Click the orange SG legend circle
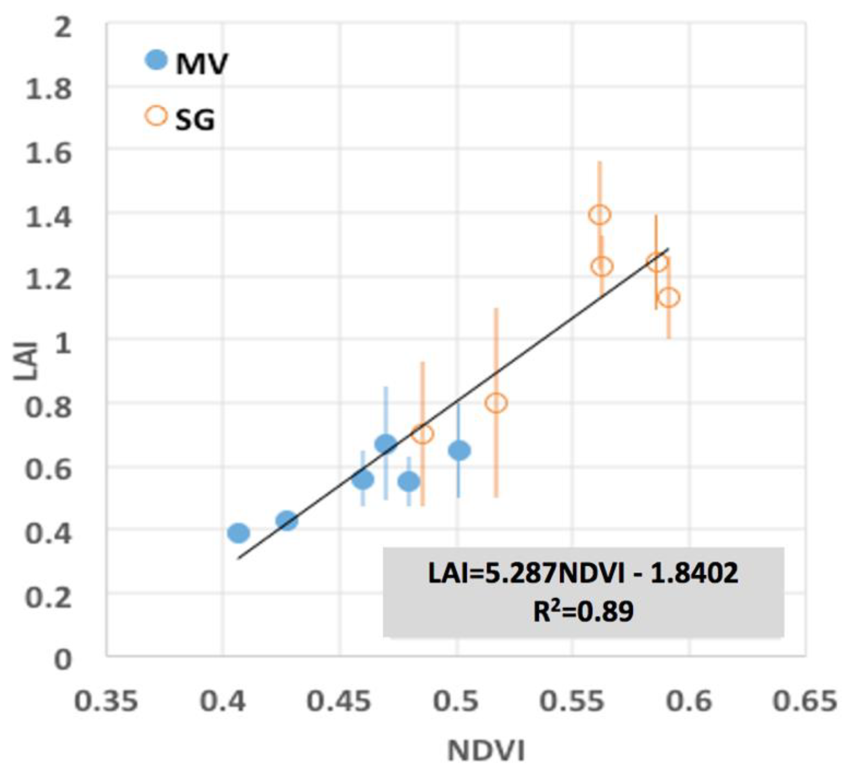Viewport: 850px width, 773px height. pyautogui.click(x=156, y=116)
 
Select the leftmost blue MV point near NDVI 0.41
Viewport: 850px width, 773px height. pyautogui.click(x=239, y=533)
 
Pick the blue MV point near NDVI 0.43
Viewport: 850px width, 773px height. pyautogui.click(x=287, y=521)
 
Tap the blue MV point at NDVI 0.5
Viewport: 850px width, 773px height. pyautogui.click(x=459, y=450)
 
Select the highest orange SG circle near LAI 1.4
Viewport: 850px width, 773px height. pyautogui.click(x=600, y=215)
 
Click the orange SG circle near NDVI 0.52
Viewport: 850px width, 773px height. pyautogui.click(x=496, y=403)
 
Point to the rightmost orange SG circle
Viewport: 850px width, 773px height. pyautogui.click(x=669, y=297)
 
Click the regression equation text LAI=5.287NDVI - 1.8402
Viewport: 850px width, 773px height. pyautogui.click(x=583, y=574)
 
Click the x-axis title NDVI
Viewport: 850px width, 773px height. pyautogui.click(x=486, y=752)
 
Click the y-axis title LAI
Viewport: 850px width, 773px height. pyautogui.click(x=26, y=361)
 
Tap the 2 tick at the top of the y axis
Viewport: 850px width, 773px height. pyautogui.click(x=63, y=29)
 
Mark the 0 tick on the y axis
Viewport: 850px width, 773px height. pyautogui.click(x=63, y=660)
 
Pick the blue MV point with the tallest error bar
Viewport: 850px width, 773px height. pyautogui.click(x=386, y=443)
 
